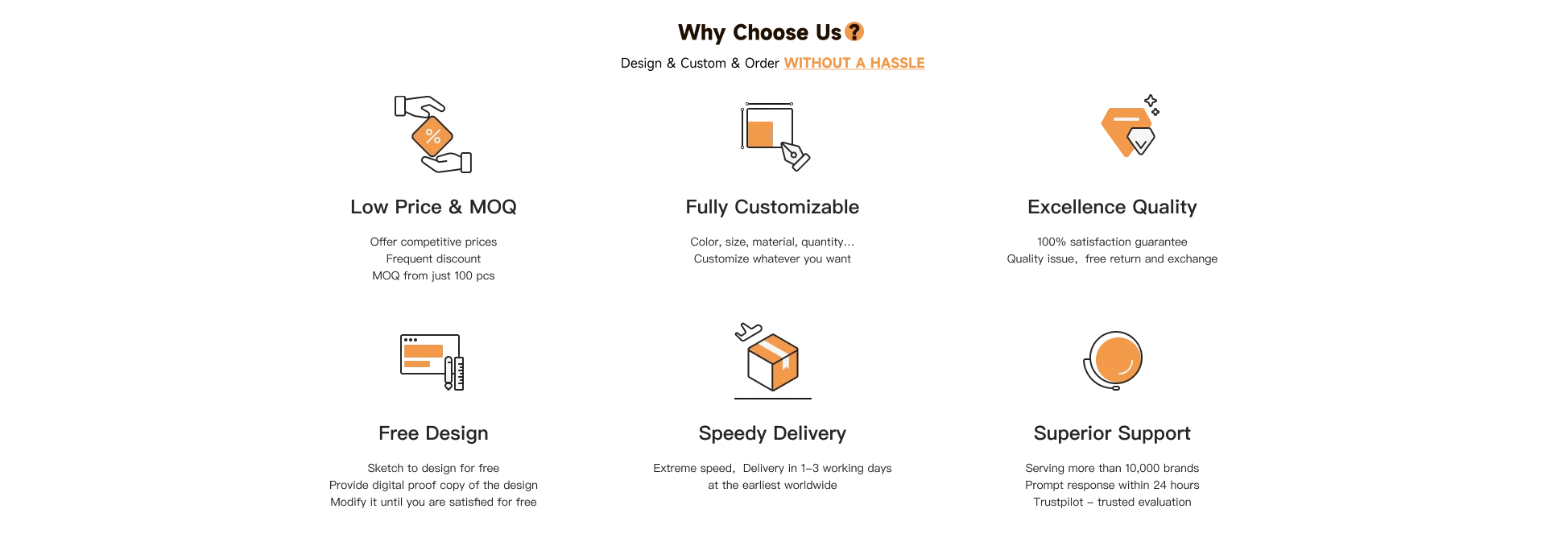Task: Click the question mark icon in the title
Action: coord(854,32)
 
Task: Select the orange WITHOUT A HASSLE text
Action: coord(853,62)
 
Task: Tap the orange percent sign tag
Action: coord(432,135)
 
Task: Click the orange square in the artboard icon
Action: coord(760,133)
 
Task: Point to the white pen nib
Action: coord(792,153)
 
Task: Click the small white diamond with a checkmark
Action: coord(1140,141)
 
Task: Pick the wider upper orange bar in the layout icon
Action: coord(424,350)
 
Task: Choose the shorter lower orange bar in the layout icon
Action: coord(417,364)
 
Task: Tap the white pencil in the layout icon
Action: coord(449,373)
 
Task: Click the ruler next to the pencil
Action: coord(459,374)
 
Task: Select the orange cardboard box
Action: coord(773,361)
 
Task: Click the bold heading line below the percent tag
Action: coord(434,208)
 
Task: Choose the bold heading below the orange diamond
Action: coord(1110,208)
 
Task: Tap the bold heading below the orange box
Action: coord(772,435)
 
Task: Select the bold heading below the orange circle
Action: coord(1110,435)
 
